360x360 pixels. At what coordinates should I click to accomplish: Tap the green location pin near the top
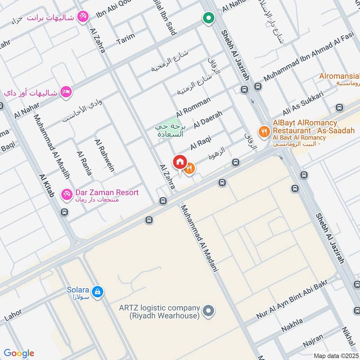[x=208, y=18]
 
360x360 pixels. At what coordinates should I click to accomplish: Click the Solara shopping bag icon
[x=99, y=292]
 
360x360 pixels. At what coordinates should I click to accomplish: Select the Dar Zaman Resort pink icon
[x=67, y=193]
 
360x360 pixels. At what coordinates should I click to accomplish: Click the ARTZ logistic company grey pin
[x=208, y=311]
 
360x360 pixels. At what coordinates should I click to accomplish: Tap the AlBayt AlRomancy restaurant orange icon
[x=264, y=132]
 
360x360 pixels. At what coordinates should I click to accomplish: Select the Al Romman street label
[x=193, y=107]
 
